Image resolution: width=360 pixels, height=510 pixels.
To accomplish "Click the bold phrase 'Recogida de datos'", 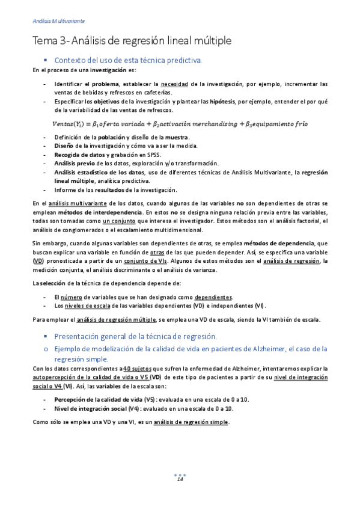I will point(77,154).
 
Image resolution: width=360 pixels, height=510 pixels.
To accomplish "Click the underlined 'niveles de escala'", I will point(88,305).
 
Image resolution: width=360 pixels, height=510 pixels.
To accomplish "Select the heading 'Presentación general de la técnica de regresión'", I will point(135,336).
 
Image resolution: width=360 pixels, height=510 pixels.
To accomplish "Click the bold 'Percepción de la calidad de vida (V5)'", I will point(105,399).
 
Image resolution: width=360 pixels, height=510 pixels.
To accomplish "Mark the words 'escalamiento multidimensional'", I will point(165,229).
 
